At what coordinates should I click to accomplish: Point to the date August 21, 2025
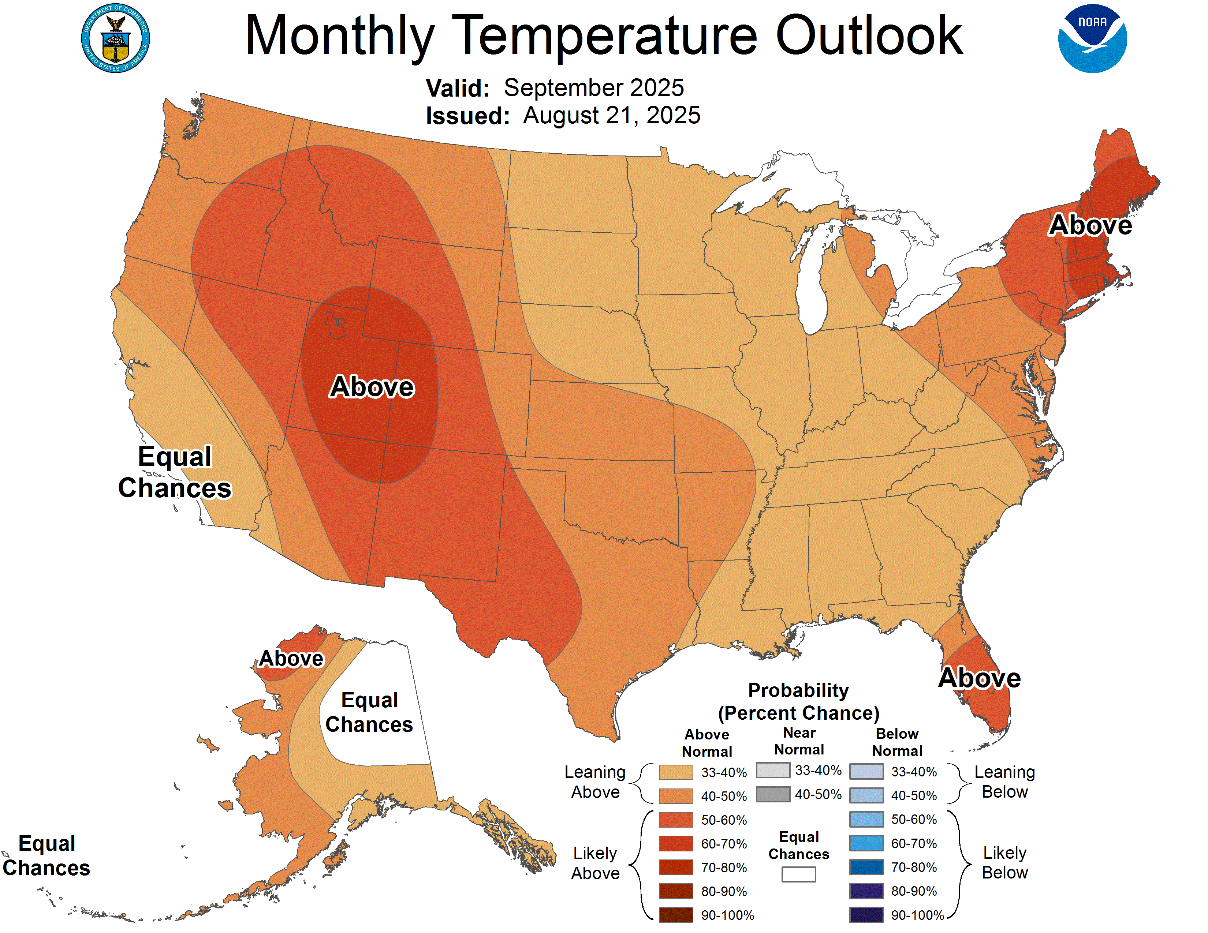click(611, 116)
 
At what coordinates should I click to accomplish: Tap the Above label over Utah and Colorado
click(372, 386)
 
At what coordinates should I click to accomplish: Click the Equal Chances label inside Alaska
click(369, 712)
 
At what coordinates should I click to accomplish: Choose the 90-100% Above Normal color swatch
click(675, 915)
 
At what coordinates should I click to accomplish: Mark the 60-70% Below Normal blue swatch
click(866, 843)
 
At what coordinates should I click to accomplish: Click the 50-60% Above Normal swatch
click(675, 820)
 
